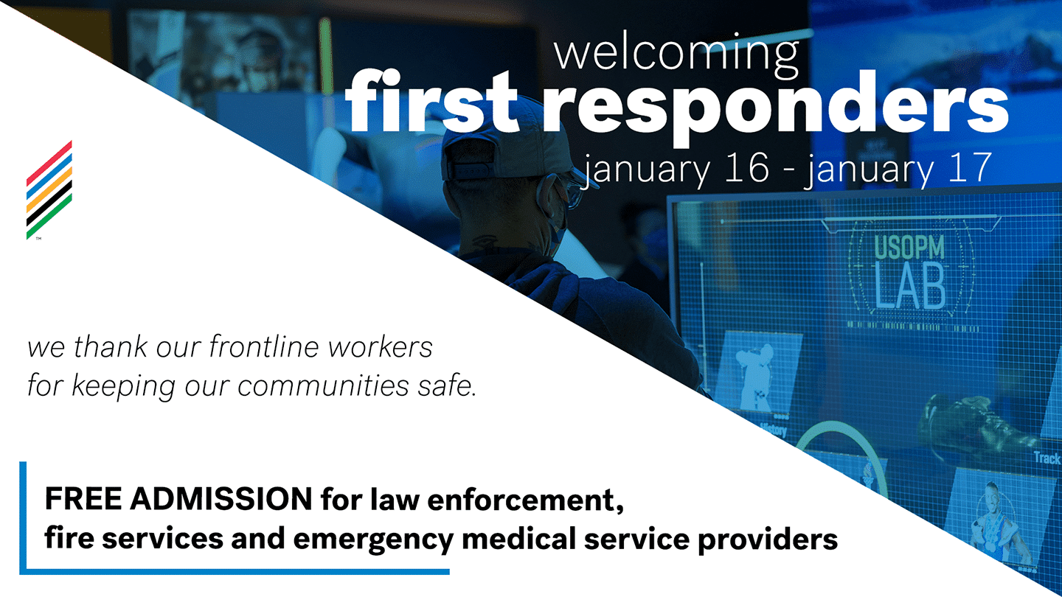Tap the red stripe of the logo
(49, 162)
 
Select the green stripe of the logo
(49, 217)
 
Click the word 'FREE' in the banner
(83, 499)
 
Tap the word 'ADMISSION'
(221, 499)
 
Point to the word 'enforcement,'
(525, 500)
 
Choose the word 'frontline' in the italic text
(263, 346)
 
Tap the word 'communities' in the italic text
(323, 385)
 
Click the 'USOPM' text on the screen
(909, 248)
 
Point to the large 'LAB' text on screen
(909, 286)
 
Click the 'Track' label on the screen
(1047, 458)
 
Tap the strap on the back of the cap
(469, 170)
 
